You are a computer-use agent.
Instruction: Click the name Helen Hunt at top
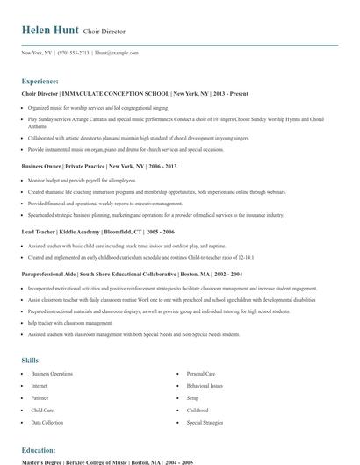[x=51, y=31]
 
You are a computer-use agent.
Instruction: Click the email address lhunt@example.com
[x=118, y=53]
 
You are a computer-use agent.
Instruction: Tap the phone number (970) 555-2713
[x=73, y=53]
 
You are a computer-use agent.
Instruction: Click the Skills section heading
[x=30, y=360]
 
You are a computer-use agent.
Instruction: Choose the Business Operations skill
[x=52, y=374]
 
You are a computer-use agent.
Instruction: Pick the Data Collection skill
[x=47, y=422]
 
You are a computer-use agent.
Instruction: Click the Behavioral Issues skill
[x=205, y=385]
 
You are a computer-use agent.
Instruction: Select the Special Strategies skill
[x=205, y=422]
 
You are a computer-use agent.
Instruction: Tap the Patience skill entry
[x=40, y=397]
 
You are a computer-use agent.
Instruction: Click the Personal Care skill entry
[x=201, y=374]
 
